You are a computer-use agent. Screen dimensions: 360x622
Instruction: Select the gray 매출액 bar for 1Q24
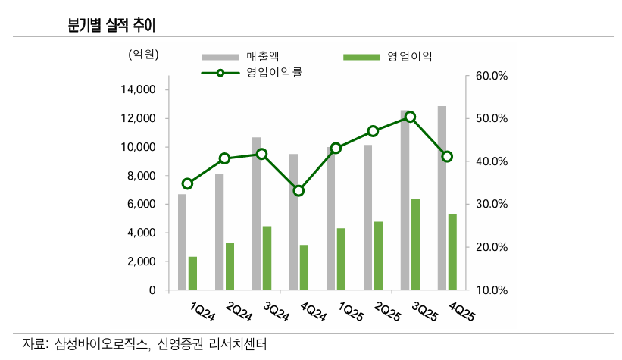182,242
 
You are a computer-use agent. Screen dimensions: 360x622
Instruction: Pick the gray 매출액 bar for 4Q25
442,198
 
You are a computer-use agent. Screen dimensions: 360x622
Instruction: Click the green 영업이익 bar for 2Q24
230,266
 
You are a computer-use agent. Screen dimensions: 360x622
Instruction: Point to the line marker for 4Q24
298,190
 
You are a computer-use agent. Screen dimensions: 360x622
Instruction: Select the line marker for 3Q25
410,117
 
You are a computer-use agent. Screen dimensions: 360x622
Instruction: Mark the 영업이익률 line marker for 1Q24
187,183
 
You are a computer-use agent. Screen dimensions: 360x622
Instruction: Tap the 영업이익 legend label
409,56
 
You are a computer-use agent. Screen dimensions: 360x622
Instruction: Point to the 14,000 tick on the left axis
137,90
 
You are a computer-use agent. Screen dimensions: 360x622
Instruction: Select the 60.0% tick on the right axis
490,77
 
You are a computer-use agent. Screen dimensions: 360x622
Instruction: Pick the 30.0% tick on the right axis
490,205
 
